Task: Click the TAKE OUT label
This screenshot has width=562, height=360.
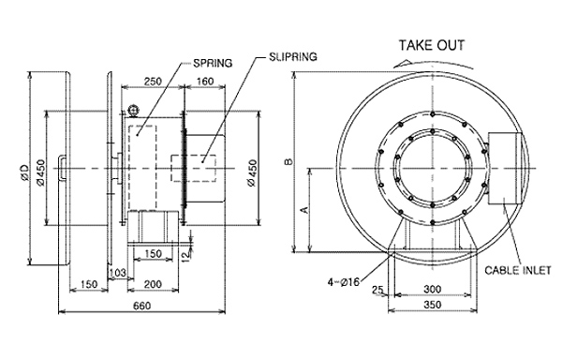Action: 432,46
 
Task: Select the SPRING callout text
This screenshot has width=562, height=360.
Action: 213,63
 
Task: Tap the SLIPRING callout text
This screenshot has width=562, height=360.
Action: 293,56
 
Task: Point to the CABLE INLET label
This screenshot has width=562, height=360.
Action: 518,270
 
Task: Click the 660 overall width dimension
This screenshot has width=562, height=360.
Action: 142,306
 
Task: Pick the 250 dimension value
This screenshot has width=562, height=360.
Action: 153,82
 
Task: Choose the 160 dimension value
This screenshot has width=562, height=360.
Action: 205,82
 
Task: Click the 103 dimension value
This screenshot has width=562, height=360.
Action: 118,273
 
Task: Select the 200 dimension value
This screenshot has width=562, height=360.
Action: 153,284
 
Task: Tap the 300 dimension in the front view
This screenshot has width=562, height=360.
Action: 432,289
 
